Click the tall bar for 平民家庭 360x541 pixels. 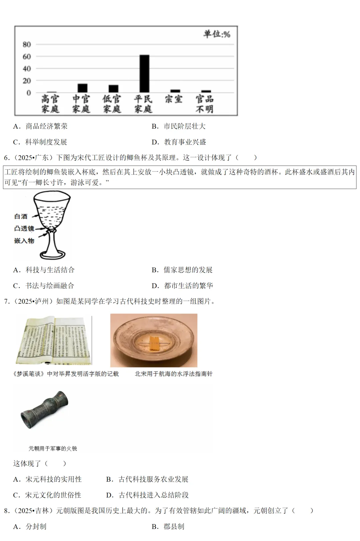(144, 74)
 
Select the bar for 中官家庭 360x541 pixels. (82, 88)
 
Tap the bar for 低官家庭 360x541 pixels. (113, 89)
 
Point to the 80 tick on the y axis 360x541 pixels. (27, 44)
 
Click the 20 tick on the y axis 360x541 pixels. (27, 81)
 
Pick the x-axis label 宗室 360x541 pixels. (174, 99)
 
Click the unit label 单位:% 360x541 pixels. (217, 34)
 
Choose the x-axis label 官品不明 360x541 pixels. (204, 104)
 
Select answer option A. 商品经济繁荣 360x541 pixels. (41, 126)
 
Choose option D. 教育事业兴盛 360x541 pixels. (179, 142)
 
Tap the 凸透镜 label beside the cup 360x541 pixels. (24, 229)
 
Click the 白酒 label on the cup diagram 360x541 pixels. (21, 217)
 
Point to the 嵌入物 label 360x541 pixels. (24, 241)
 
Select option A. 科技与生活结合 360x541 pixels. (44, 270)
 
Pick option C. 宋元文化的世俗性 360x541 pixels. (47, 495)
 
